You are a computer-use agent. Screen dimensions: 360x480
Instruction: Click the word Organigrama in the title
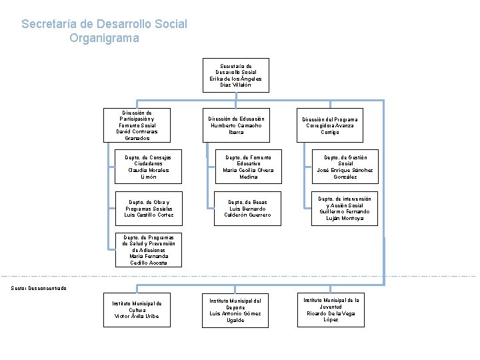pyautogui.click(x=104, y=38)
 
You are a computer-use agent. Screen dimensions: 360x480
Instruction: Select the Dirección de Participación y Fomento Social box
pyautogui.click(x=137, y=125)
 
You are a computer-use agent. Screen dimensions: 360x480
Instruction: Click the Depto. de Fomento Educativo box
pyautogui.click(x=249, y=167)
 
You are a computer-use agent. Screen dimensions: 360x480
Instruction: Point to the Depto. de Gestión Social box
pyautogui.click(x=345, y=167)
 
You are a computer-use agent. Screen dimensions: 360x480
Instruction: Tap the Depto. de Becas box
pyautogui.click(x=249, y=208)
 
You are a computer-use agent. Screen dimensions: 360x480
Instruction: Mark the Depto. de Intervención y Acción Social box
pyautogui.click(x=345, y=208)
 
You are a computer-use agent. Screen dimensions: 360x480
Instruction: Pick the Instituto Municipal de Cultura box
pyautogui.click(x=137, y=311)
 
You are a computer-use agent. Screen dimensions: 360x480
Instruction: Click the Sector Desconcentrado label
pyautogui.click(x=38, y=288)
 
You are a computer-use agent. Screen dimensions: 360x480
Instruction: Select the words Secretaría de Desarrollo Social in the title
pyautogui.click(x=104, y=24)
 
